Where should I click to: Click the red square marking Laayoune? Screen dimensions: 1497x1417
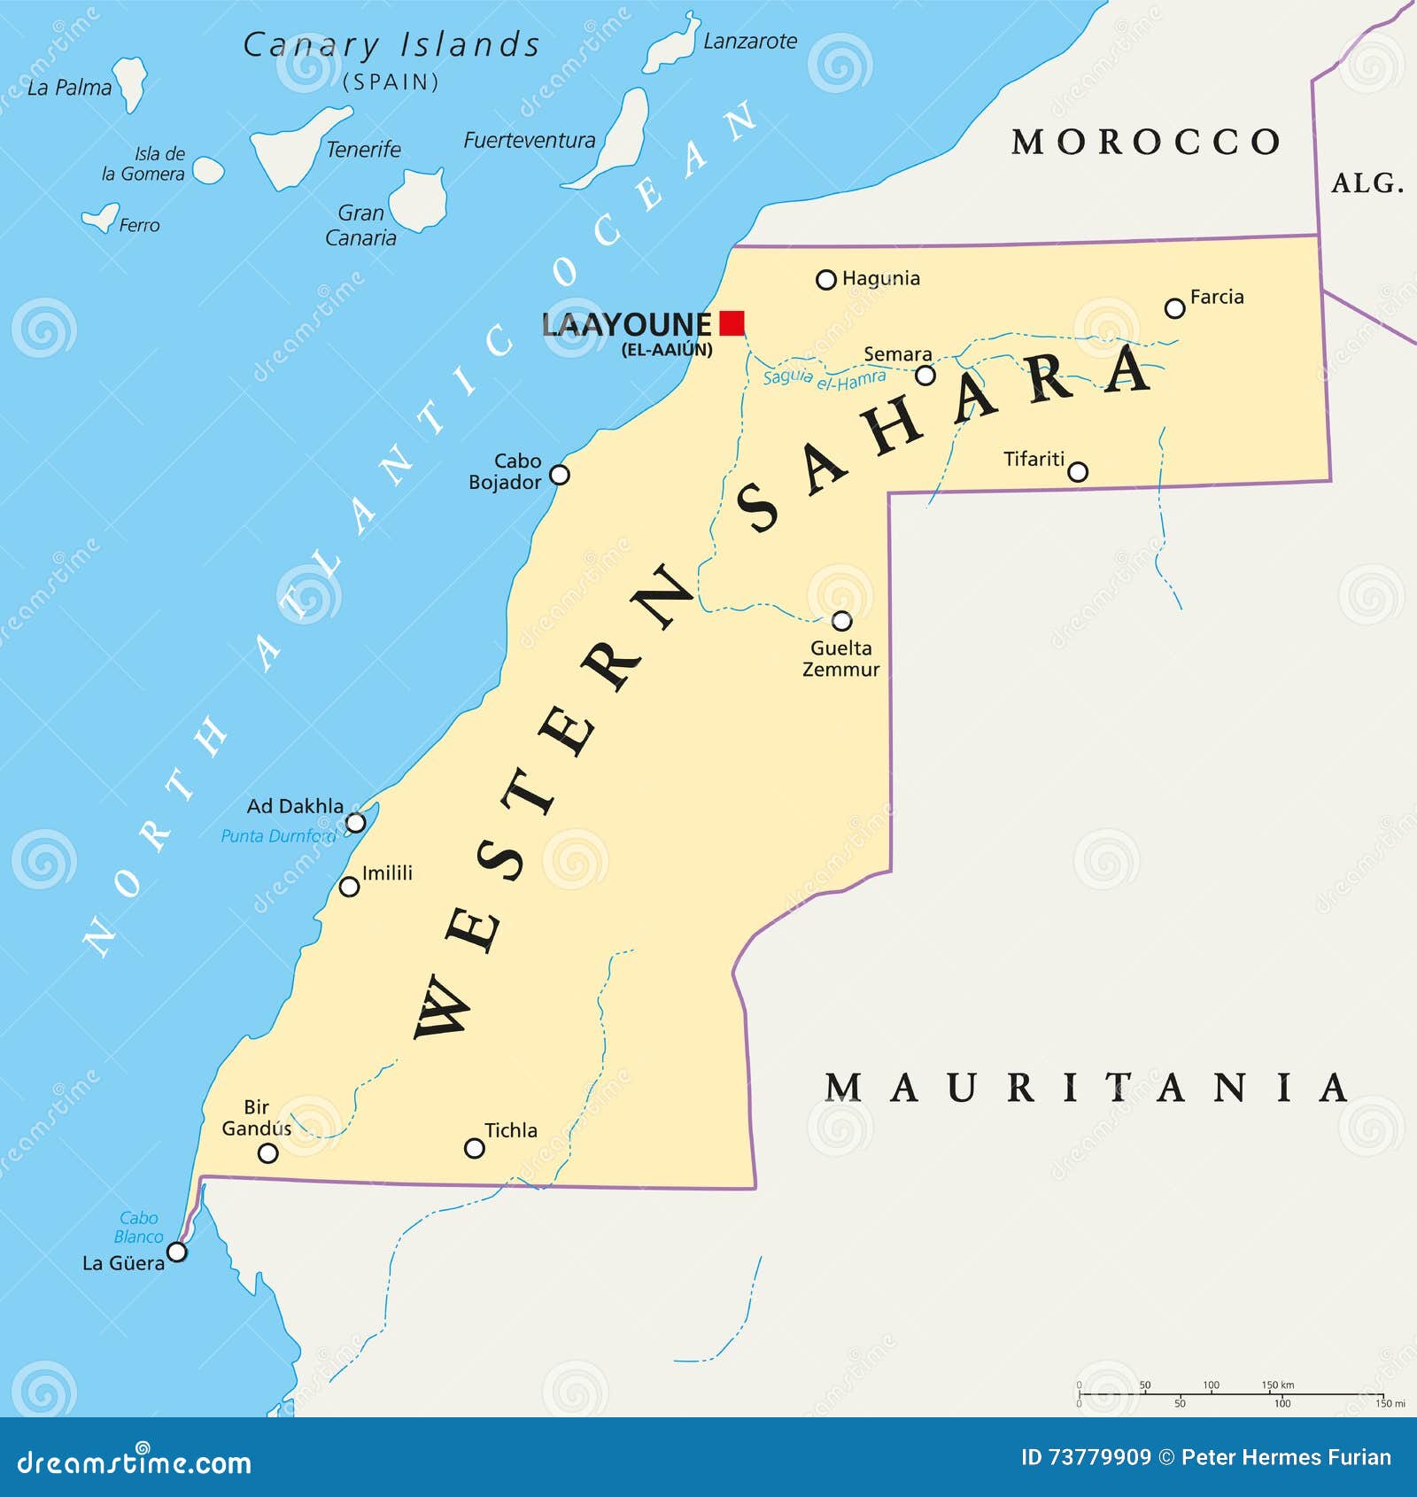(732, 322)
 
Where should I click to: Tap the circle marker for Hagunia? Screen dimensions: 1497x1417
(825, 280)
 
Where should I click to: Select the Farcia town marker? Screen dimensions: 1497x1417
(1174, 308)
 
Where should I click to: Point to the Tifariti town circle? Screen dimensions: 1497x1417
(1077, 471)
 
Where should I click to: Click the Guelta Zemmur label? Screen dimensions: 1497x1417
(840, 659)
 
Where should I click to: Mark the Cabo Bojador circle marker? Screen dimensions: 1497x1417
(559, 475)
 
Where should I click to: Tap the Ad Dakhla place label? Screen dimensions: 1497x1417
(295, 806)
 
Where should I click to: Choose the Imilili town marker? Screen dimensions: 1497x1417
(349, 887)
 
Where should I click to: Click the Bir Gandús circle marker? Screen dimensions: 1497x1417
(267, 1152)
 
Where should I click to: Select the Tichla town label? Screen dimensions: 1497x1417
(511, 1130)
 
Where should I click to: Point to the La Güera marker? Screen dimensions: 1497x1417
(177, 1252)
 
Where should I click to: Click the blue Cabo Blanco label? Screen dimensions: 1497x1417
(139, 1228)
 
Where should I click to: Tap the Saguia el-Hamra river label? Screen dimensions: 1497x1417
(824, 379)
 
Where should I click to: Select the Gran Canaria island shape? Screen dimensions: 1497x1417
(419, 198)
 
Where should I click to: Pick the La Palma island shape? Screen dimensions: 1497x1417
(131, 81)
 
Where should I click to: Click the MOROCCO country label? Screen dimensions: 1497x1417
(1146, 142)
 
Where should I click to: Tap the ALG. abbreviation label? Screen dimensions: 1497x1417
(1367, 183)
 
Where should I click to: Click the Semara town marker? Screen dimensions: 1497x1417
(925, 376)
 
